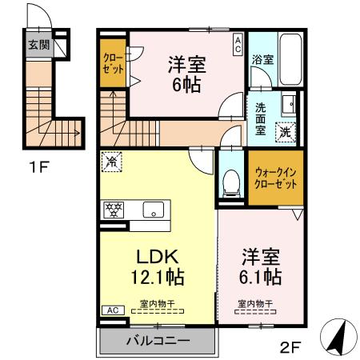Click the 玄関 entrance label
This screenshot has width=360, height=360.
(x=37, y=45)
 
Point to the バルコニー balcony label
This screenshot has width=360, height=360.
(x=158, y=341)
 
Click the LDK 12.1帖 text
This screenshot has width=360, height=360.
(x=157, y=267)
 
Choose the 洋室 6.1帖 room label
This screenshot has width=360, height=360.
(x=261, y=267)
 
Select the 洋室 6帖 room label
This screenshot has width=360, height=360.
(x=186, y=73)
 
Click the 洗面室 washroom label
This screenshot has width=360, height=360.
(x=262, y=117)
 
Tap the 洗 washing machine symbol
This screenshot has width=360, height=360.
(x=284, y=134)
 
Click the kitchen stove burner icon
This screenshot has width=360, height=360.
(x=113, y=210)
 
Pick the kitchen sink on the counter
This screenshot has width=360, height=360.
(x=153, y=210)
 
